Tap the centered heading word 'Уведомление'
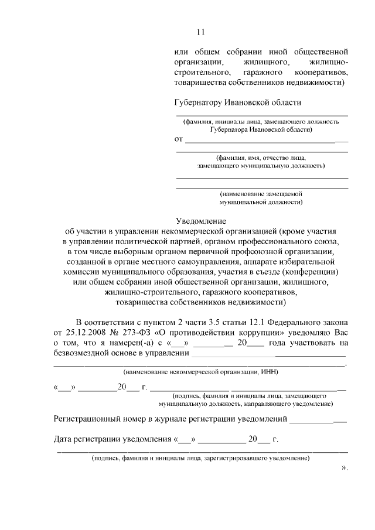[x=201, y=221]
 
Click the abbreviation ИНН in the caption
[x=270, y=372]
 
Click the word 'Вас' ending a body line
[x=341, y=333]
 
